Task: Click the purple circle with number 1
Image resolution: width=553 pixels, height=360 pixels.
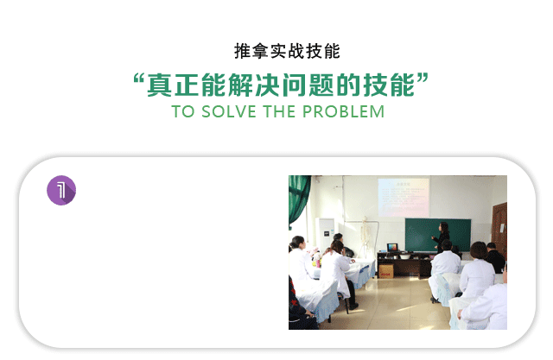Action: pyautogui.click(x=61, y=190)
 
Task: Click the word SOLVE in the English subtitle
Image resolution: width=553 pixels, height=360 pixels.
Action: pyautogui.click(x=228, y=112)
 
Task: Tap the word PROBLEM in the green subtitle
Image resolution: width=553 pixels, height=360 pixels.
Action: pyautogui.click(x=343, y=112)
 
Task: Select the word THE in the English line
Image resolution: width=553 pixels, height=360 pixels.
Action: pyautogui.click(x=279, y=112)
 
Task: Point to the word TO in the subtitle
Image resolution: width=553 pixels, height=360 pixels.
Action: pyautogui.click(x=182, y=112)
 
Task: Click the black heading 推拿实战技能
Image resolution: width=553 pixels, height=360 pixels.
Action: pyautogui.click(x=287, y=52)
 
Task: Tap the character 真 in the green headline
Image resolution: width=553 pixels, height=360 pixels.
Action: pyautogui.click(x=159, y=85)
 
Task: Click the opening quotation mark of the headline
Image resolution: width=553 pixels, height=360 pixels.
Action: pyautogui.click(x=139, y=79)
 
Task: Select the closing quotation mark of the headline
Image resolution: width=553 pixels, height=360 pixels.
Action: pyautogui.click(x=423, y=79)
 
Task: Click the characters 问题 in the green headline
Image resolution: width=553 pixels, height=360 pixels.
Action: pyautogui.click(x=308, y=85)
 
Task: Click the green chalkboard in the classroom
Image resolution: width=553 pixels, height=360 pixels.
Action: pyautogui.click(x=438, y=235)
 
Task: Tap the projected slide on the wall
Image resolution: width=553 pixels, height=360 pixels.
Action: pyautogui.click(x=404, y=197)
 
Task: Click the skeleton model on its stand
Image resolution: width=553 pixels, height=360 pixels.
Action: pyautogui.click(x=366, y=237)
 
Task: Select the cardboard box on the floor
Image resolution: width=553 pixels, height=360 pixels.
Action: pyautogui.click(x=386, y=271)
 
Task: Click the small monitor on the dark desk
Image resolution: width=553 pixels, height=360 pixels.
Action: pyautogui.click(x=392, y=247)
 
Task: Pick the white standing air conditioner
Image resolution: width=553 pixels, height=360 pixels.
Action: pyautogui.click(x=325, y=236)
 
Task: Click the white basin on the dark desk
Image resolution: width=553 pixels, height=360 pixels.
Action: pyautogui.click(x=404, y=256)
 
